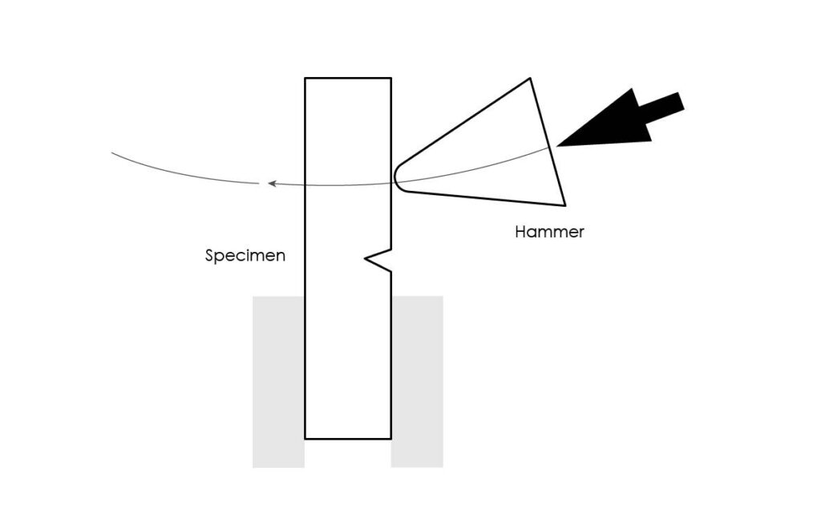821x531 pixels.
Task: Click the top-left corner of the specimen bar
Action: [x=305, y=78]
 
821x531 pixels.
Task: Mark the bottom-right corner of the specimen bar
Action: [x=390, y=438]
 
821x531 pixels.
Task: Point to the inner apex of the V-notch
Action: [x=365, y=257]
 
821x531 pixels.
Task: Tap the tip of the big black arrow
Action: [x=556, y=146]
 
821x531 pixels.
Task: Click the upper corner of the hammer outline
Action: [x=531, y=78]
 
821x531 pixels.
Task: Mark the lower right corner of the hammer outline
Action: [x=565, y=206]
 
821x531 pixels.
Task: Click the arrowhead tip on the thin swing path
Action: [x=268, y=184]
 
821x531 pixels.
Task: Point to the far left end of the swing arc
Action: [x=111, y=152]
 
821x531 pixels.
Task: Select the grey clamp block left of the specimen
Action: [x=278, y=382]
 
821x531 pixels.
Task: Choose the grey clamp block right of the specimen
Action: [x=417, y=382]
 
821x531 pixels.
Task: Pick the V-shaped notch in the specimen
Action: [x=378, y=260]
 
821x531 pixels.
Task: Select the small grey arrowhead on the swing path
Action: [x=272, y=184]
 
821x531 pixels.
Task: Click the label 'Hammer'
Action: [x=549, y=232]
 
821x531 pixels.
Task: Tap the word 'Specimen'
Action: [x=245, y=256]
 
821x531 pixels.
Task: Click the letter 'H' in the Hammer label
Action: [x=520, y=232]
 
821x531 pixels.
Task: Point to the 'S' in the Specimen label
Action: [x=209, y=256]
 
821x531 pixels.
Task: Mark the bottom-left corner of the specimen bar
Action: [x=305, y=438]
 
